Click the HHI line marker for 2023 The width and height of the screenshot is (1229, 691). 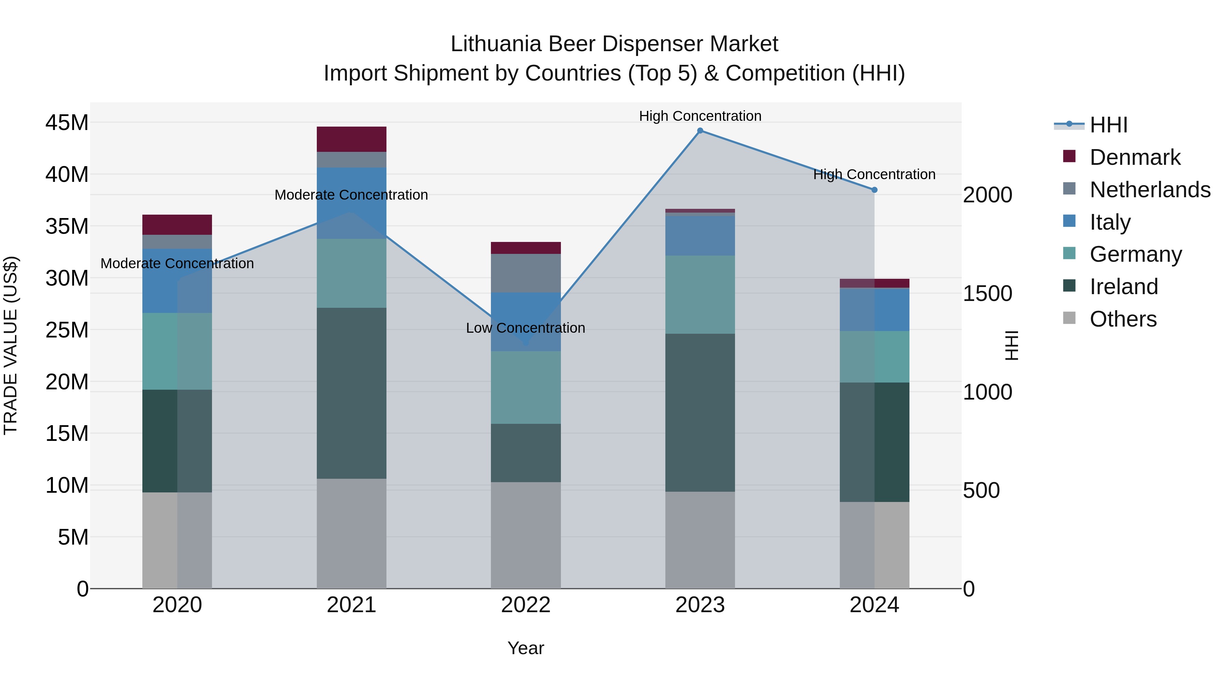tap(700, 131)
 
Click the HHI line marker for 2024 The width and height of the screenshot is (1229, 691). tap(874, 190)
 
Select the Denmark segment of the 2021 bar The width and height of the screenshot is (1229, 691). tap(351, 139)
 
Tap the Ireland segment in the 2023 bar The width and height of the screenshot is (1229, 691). tap(700, 413)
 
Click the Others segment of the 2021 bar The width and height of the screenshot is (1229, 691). tap(351, 533)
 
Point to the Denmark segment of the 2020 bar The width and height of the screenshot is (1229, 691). tap(177, 225)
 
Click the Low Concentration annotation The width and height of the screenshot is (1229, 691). tap(525, 328)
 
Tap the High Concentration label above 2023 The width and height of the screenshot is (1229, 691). tap(700, 116)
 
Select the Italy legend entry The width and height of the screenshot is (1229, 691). tap(1110, 222)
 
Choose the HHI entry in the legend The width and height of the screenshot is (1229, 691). tap(1108, 125)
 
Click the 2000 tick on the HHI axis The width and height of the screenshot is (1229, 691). tap(987, 195)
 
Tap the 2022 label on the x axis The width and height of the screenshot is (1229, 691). tap(526, 605)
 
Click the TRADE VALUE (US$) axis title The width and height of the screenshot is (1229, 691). tap(11, 345)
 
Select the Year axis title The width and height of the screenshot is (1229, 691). tap(525, 648)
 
